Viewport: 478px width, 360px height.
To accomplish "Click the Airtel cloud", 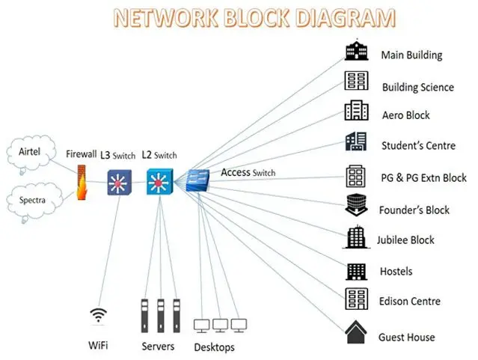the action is click(x=31, y=153).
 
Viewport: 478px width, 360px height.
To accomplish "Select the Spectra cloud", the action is click(x=34, y=201).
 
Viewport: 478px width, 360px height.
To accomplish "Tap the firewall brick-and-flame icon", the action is click(x=82, y=183).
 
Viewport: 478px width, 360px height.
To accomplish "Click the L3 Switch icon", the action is click(x=119, y=183).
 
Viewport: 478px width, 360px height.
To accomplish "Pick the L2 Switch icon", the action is click(x=159, y=182).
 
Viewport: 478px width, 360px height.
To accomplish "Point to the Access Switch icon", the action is click(x=197, y=180).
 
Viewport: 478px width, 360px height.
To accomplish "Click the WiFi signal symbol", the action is click(x=98, y=315).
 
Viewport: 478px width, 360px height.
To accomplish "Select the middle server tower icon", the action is click(x=161, y=316).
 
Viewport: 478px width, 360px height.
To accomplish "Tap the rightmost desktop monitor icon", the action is click(x=239, y=326).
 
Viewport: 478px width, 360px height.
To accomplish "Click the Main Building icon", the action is click(x=356, y=49).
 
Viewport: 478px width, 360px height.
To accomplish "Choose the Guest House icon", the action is click(x=356, y=332).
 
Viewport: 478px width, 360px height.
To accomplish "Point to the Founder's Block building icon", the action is click(x=356, y=205).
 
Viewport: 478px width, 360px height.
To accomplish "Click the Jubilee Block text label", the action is click(x=405, y=240).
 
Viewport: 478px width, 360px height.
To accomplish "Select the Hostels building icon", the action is click(x=356, y=272).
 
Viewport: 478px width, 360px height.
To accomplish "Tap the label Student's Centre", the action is click(x=419, y=145).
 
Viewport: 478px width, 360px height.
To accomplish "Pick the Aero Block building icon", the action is click(x=356, y=110).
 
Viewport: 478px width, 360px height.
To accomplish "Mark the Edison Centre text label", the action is click(x=410, y=302).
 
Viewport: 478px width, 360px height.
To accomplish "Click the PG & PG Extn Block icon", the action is click(x=355, y=176).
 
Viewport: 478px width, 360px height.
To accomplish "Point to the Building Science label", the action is click(x=418, y=88).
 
